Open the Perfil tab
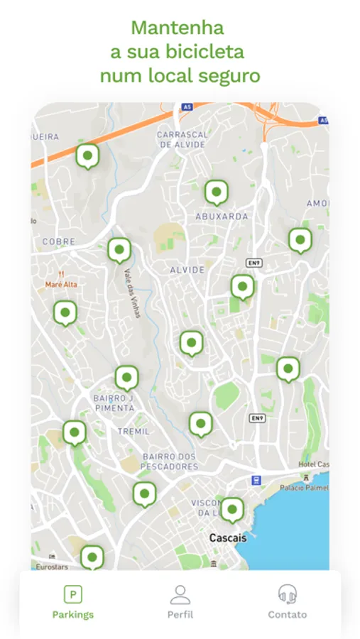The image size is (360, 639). (x=180, y=595)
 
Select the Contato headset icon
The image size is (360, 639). (x=287, y=595)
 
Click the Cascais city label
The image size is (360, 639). (x=228, y=538)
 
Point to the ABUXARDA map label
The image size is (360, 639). (x=222, y=216)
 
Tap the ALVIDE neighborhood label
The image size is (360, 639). (x=187, y=270)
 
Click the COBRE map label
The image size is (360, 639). (x=59, y=241)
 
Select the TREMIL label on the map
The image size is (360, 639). (x=133, y=432)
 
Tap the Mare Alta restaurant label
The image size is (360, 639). (x=61, y=284)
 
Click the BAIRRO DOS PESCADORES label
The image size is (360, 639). (x=170, y=461)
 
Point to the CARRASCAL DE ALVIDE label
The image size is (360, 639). (x=182, y=139)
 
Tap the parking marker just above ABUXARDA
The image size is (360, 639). (x=216, y=192)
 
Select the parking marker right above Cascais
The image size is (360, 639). (x=231, y=509)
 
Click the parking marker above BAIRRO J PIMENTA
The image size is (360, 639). (x=126, y=377)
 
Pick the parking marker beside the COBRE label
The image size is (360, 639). (x=119, y=249)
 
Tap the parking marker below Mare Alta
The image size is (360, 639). (x=65, y=312)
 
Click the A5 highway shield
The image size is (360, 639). (x=187, y=107)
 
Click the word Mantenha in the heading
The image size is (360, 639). (x=178, y=28)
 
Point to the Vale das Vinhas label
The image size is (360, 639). (x=132, y=293)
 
